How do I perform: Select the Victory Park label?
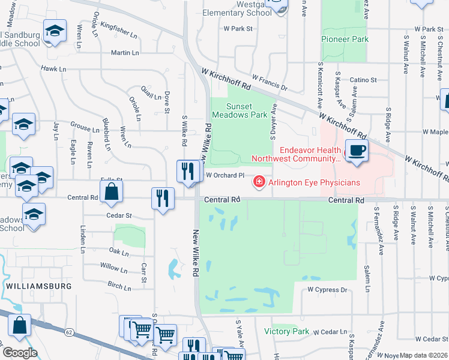[286, 331]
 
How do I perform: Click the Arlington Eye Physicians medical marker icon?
[259, 181]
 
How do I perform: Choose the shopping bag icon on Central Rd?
[111, 193]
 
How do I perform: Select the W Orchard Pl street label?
[225, 176]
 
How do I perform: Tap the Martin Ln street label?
[125, 53]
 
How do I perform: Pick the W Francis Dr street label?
[270, 82]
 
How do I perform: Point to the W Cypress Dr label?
[327, 290]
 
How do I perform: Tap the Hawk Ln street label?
[53, 69]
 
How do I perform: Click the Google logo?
[20, 353]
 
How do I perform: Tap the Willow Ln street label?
[113, 266]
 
